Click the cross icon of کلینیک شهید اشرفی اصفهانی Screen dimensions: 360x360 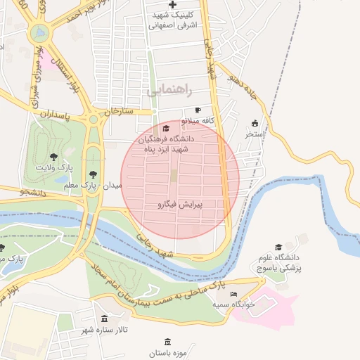(172, 5)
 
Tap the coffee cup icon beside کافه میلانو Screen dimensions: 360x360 (198, 110)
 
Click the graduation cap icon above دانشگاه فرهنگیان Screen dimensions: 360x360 (166, 129)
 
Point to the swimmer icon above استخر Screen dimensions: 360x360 (255, 122)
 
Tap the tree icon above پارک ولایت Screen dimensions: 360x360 (54, 156)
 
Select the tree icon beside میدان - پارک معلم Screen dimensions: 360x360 (93, 174)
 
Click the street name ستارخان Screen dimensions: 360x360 (118, 110)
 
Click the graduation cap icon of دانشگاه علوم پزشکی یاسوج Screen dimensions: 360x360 (278, 247)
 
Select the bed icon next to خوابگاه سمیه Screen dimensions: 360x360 (234, 294)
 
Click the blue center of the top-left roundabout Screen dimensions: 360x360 (41, 32)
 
